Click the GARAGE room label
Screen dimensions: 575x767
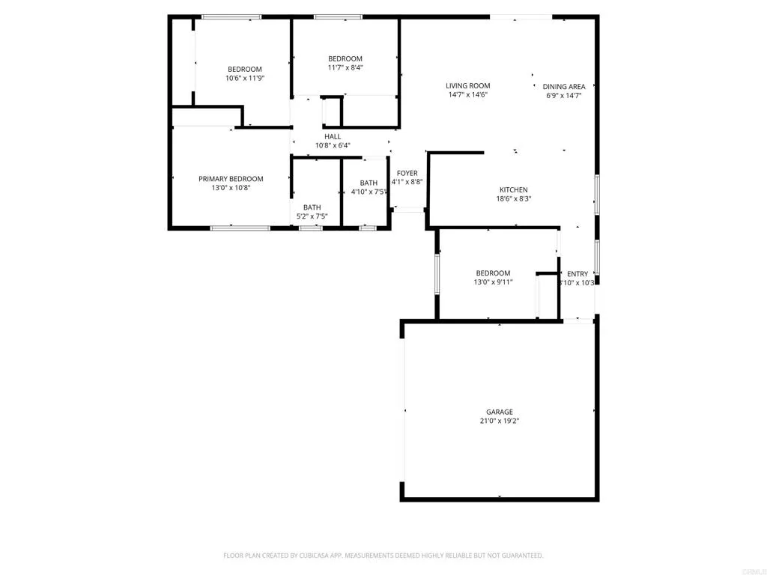tap(500, 412)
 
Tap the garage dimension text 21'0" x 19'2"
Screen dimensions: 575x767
tap(500, 422)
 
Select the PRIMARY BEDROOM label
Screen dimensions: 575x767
tap(231, 178)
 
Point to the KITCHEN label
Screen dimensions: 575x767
tap(514, 189)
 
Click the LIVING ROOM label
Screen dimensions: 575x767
tap(468, 85)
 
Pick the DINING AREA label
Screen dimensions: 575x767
tap(564, 86)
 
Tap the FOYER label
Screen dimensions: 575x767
tap(407, 173)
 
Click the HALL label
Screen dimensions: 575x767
tap(333, 136)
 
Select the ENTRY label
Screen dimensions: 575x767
tap(577, 274)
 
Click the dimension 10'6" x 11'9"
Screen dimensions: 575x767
tap(245, 78)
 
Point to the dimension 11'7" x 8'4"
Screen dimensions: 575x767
tap(345, 67)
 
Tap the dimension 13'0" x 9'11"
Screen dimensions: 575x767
tap(493, 282)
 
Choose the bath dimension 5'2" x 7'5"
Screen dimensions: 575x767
tap(312, 216)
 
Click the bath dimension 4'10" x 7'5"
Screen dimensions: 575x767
tap(369, 192)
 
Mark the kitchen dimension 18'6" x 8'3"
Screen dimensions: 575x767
tap(514, 199)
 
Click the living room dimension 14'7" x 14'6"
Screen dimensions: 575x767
tap(468, 95)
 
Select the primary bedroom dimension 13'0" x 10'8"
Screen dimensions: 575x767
tap(231, 188)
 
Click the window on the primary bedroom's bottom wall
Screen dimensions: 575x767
tap(240, 228)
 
